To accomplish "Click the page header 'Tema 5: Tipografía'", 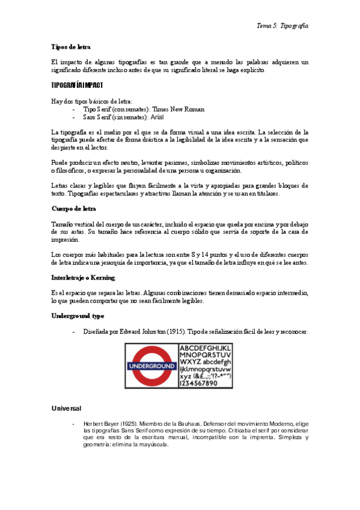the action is point(282,26).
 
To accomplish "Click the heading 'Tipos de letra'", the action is point(71,46).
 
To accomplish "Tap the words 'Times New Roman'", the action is point(187,109).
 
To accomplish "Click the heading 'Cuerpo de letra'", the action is point(74,209).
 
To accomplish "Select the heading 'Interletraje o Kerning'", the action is point(84,278).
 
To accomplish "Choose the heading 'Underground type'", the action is point(78,315).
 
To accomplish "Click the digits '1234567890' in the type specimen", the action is point(206,384).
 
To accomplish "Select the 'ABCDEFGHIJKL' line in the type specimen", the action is point(206,348).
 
